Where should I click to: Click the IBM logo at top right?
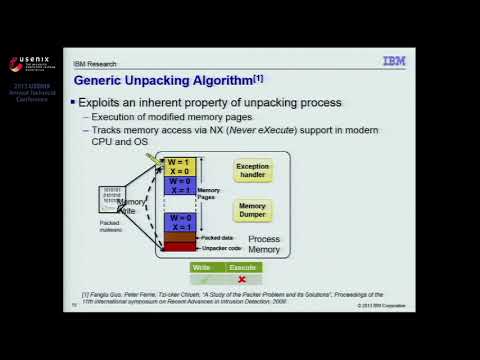(x=394, y=61)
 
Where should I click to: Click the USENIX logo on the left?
(x=29, y=64)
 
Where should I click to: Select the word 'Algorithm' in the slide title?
(x=218, y=80)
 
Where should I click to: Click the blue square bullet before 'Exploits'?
(x=72, y=103)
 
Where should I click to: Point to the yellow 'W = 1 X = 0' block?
(x=180, y=166)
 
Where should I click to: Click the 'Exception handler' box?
(x=252, y=171)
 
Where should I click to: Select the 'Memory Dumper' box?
(x=252, y=210)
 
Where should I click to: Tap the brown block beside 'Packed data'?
(x=180, y=237)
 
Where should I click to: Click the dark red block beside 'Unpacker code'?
(x=180, y=247)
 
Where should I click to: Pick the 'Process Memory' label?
(x=264, y=245)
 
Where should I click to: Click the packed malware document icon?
(x=113, y=200)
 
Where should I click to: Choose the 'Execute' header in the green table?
(x=242, y=268)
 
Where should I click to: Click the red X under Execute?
(x=242, y=279)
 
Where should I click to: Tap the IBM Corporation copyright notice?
(x=382, y=305)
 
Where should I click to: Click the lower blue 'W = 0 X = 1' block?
(x=180, y=222)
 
